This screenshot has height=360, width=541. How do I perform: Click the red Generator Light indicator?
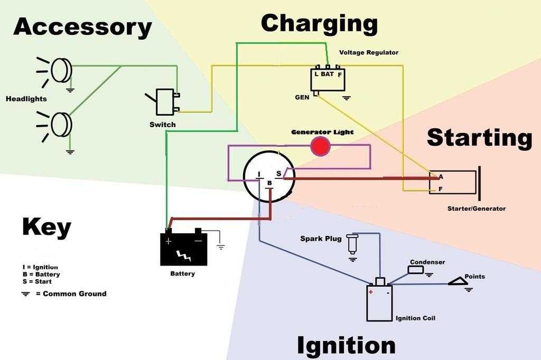[x=320, y=146]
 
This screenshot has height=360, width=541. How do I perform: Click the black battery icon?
[x=184, y=249]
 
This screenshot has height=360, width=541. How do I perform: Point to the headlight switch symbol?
[x=164, y=102]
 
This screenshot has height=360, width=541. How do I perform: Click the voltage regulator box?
[x=328, y=79]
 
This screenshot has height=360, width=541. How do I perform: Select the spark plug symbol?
[x=352, y=244]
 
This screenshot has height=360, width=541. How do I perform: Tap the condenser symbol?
[x=416, y=270]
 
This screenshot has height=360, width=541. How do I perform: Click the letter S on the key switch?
[x=279, y=174]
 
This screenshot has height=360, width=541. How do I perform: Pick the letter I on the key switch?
[x=259, y=174]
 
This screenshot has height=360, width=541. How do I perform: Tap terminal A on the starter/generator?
[x=440, y=176]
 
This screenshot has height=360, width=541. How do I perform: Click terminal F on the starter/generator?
[x=440, y=188]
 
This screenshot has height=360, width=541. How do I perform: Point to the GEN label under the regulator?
[x=302, y=98]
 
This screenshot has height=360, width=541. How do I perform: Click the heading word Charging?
[x=319, y=24]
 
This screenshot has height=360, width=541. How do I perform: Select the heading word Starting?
[x=479, y=137]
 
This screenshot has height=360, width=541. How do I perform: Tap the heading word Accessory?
[x=82, y=26]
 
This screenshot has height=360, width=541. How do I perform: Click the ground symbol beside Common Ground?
[x=25, y=294]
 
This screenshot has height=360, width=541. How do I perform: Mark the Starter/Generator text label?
[x=476, y=209]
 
